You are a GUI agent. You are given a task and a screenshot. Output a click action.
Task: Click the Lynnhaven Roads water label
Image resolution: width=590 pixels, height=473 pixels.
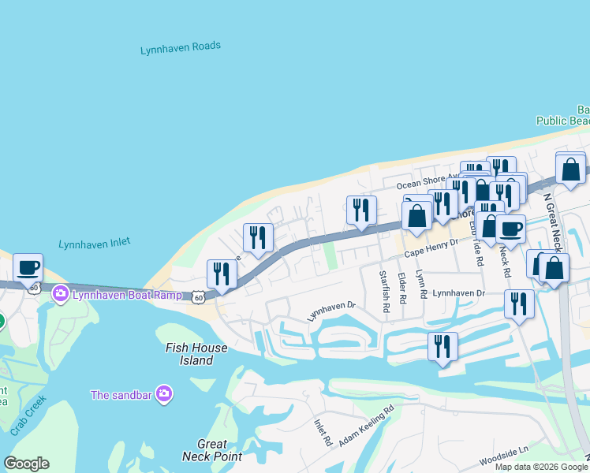point(181,49)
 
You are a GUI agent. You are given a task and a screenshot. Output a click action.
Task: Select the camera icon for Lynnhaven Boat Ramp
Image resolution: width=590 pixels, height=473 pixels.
point(60,294)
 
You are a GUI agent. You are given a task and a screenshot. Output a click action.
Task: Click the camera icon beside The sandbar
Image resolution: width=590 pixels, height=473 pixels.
point(163,393)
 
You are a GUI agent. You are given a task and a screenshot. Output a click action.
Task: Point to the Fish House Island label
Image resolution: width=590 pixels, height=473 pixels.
point(196,354)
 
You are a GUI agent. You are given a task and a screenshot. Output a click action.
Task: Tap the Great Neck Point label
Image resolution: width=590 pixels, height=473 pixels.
point(211,450)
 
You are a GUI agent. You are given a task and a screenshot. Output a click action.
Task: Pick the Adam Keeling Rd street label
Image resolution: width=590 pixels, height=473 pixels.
point(366,426)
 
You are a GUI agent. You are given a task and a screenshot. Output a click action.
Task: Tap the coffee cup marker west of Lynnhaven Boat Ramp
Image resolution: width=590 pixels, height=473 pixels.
point(28,267)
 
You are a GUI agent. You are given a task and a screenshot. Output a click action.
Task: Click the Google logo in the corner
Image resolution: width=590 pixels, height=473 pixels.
point(27,464)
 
